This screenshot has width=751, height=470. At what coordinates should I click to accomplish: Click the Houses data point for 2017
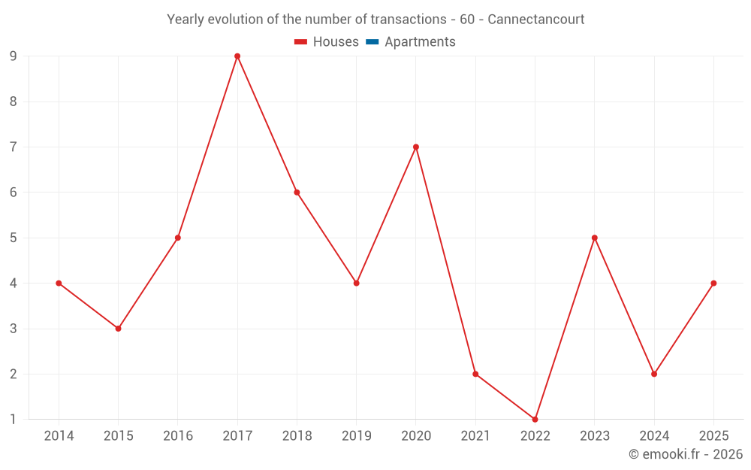click(237, 56)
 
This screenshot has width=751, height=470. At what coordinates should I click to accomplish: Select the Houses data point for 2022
click(535, 419)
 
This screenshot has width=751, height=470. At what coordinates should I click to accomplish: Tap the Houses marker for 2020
click(416, 147)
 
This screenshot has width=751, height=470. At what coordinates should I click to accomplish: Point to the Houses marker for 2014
click(59, 283)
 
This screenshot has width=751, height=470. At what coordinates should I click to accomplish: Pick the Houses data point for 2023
click(595, 238)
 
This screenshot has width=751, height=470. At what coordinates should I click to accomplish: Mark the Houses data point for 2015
click(118, 329)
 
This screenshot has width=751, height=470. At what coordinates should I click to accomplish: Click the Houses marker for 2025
click(713, 283)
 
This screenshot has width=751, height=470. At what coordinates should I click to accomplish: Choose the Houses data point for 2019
click(356, 283)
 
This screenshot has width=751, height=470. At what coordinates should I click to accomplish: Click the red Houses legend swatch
click(300, 42)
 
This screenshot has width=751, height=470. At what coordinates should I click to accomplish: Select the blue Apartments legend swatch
click(372, 42)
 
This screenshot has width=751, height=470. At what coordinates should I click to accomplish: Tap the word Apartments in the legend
click(420, 42)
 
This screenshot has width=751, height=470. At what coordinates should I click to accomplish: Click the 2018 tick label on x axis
click(297, 435)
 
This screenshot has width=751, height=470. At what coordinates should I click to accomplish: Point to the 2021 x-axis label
click(475, 435)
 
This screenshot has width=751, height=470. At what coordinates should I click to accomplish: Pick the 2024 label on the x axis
click(654, 435)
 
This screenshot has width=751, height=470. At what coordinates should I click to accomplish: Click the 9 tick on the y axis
click(14, 56)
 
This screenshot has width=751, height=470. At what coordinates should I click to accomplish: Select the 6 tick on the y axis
click(14, 193)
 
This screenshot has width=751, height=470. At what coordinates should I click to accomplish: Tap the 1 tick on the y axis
click(14, 419)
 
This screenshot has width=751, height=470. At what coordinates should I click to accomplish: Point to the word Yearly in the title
click(185, 19)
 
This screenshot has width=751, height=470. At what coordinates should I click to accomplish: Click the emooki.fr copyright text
click(686, 454)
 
